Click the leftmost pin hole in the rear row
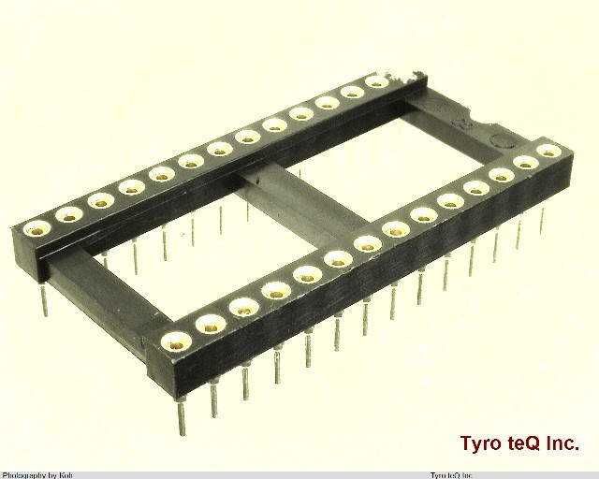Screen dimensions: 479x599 [x=37, y=227]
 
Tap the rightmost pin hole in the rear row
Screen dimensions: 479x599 [x=376, y=83]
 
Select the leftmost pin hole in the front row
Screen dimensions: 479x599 [x=174, y=341]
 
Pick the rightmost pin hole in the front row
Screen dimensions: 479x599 [x=548, y=150]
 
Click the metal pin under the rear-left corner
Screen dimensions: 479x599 [x=44, y=298]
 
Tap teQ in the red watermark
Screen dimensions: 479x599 [x=526, y=443]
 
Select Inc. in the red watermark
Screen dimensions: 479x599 [x=564, y=443]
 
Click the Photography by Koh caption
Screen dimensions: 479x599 [x=37, y=474]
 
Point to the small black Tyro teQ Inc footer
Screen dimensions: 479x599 [x=450, y=474]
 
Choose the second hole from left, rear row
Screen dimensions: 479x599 [x=68, y=214]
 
